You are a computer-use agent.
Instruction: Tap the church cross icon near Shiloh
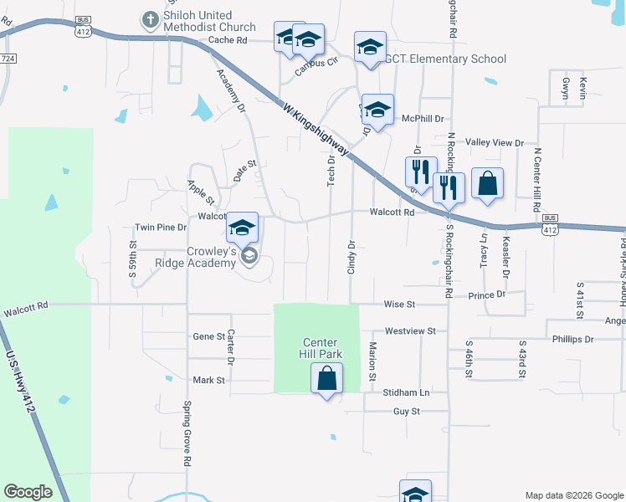click(150, 18)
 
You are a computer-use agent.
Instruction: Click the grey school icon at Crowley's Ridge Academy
click(249, 258)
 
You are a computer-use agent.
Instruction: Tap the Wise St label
click(400, 305)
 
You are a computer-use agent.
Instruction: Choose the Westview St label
click(411, 331)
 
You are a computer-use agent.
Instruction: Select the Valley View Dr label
click(494, 143)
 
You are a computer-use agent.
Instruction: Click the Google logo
click(28, 491)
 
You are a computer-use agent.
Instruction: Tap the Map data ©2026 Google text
click(574, 495)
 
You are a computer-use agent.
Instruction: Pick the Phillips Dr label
click(572, 340)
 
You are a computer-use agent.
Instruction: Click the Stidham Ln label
click(408, 392)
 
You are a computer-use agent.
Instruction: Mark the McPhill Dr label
click(423, 120)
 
